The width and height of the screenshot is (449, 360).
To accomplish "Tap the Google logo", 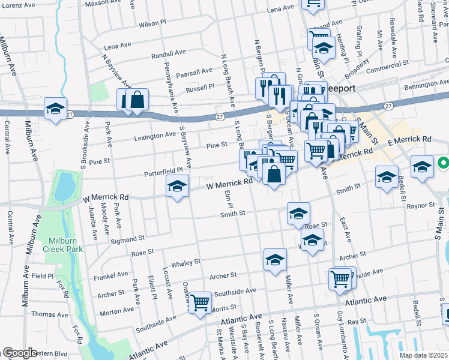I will (x=19, y=353).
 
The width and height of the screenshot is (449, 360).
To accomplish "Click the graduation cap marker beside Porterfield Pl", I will (x=178, y=187).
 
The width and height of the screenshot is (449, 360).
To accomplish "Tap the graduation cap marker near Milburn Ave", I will (x=56, y=109).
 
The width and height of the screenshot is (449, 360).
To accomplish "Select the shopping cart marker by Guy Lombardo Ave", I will (x=340, y=279).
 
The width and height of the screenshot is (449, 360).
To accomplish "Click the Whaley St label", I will (x=185, y=263).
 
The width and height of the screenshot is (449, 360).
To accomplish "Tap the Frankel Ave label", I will (x=110, y=277).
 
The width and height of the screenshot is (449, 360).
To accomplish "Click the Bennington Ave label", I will (x=426, y=87).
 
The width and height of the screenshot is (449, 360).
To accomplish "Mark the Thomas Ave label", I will (x=45, y=314).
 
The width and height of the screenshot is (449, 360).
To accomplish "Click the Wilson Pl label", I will (x=151, y=24).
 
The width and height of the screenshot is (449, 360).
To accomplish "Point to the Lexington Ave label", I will (x=154, y=136).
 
